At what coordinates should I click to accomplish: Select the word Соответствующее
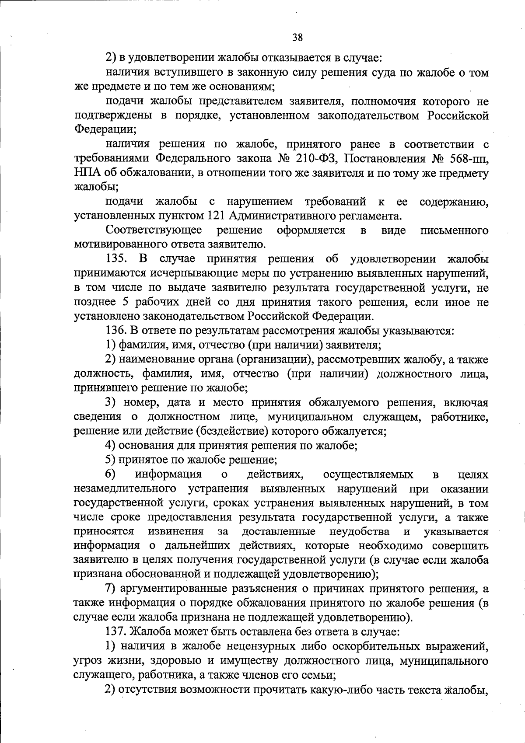click(154, 230)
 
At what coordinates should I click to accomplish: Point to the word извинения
click(176, 531)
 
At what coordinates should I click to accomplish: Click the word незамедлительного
click(125, 488)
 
